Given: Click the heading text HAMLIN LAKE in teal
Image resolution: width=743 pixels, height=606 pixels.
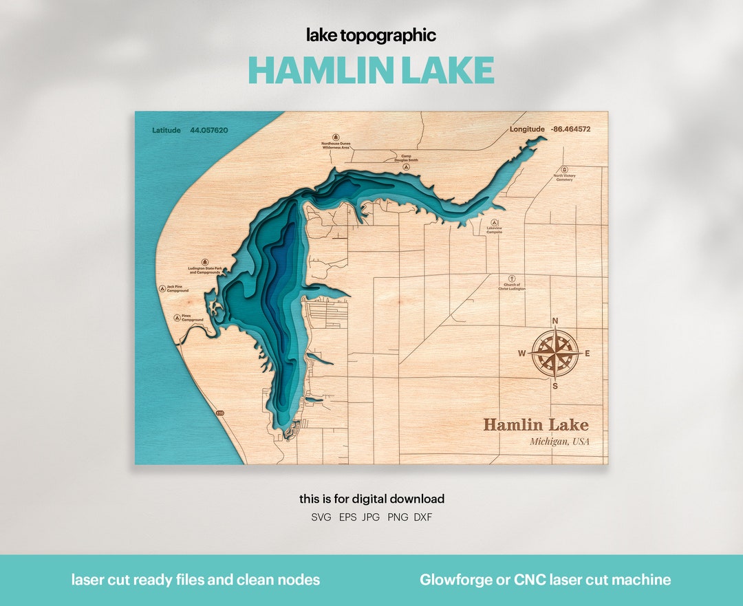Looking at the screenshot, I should (371, 70).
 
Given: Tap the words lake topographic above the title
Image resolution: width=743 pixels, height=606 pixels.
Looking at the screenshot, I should (371, 36).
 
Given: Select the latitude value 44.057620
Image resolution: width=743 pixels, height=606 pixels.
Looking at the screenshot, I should (209, 130).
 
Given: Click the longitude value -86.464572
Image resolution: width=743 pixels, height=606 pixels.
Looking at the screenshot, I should (570, 129).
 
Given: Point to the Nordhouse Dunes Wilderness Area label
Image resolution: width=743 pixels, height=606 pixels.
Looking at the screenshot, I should (336, 146).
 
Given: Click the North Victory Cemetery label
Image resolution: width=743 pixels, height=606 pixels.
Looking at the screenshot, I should (564, 177).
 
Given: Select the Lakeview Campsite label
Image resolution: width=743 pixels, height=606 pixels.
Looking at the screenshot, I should (494, 231).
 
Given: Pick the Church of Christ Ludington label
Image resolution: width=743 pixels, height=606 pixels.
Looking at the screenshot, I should (512, 287).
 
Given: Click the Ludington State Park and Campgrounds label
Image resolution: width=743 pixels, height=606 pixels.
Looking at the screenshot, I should (204, 271).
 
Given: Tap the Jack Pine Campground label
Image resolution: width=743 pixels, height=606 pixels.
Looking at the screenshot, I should (177, 289).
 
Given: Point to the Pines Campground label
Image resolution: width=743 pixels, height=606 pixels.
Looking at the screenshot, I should (192, 318).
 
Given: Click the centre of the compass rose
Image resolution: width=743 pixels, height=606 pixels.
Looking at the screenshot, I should (555, 354).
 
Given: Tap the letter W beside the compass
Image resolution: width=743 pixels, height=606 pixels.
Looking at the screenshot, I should (521, 354).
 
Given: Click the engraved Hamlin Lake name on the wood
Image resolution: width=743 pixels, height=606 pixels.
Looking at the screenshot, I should (535, 424).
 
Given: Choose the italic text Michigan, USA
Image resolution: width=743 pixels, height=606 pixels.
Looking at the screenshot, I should (559, 442).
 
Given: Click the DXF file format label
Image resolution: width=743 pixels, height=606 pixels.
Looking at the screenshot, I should (423, 517).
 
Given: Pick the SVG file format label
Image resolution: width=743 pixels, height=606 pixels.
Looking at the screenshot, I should (321, 517).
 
